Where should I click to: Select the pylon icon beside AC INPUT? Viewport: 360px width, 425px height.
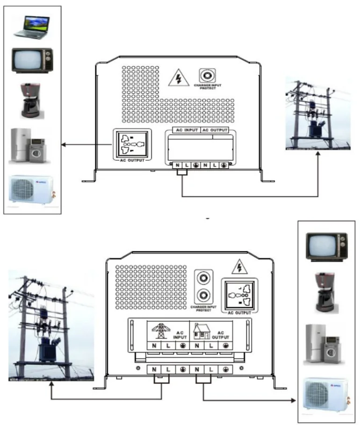[161, 331]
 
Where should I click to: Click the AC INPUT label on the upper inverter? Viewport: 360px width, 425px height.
[186, 130]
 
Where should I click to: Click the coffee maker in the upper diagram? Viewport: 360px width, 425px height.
[30, 100]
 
